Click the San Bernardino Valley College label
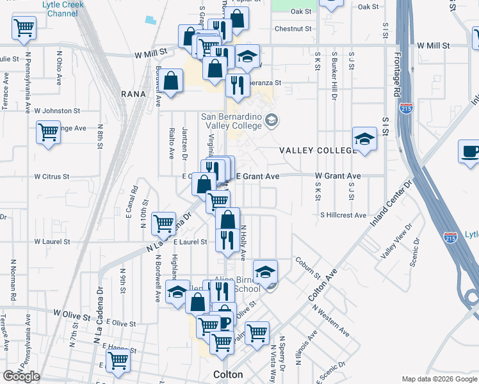231,121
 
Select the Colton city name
228,374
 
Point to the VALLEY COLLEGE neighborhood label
317,150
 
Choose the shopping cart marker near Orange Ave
48,132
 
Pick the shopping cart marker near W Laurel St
164,223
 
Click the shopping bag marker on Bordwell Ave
170,81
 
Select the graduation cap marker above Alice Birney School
265,272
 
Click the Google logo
21,376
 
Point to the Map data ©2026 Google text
439,379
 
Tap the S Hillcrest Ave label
343,215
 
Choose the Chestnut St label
293,29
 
